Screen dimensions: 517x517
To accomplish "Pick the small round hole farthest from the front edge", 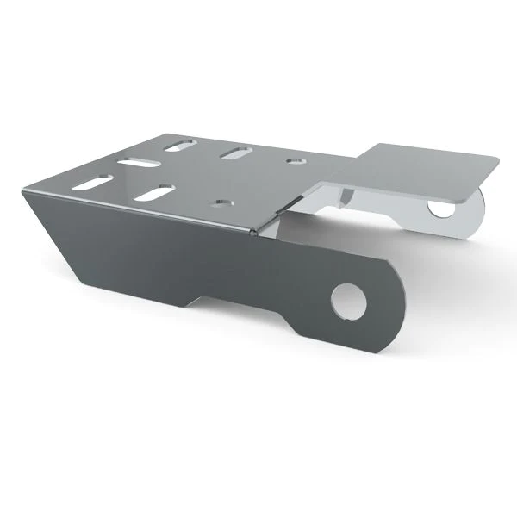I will (295, 160).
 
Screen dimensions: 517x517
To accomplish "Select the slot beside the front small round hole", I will (155, 192).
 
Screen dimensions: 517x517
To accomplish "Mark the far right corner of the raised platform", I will (497, 159).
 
